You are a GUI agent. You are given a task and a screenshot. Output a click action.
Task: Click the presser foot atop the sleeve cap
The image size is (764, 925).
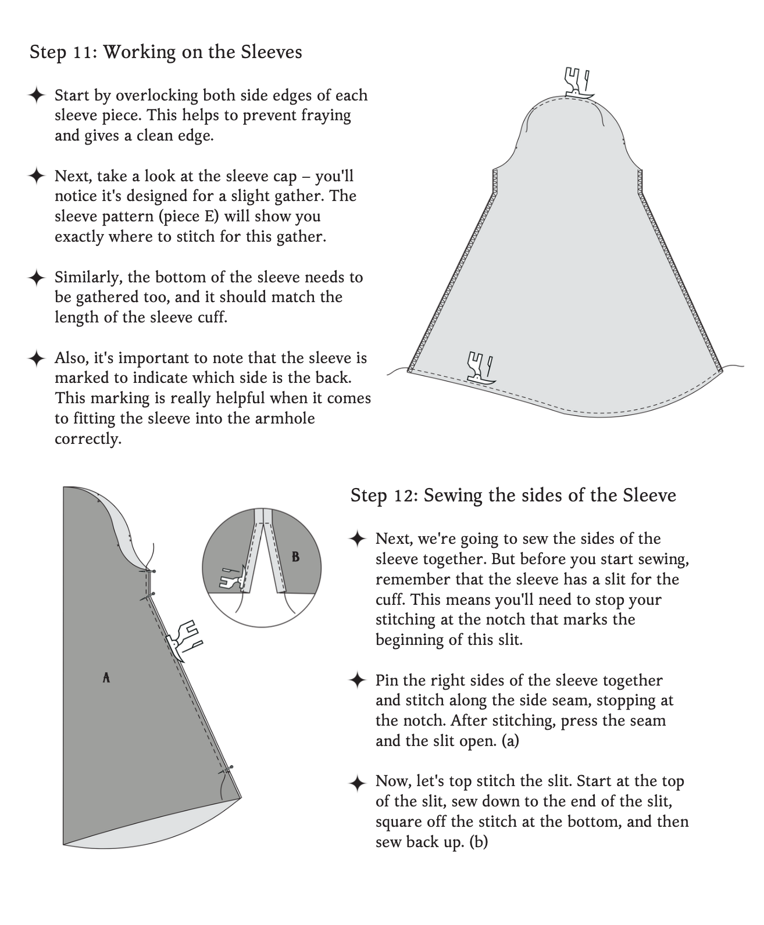[x=578, y=83]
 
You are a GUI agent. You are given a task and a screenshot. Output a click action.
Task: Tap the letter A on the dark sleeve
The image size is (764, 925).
[x=106, y=677]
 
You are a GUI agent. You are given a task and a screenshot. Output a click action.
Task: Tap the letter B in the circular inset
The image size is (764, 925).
[x=296, y=557]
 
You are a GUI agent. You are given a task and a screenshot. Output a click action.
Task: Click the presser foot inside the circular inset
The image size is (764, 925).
[x=233, y=578]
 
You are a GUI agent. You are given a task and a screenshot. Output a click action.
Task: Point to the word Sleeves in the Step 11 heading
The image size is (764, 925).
[x=272, y=52]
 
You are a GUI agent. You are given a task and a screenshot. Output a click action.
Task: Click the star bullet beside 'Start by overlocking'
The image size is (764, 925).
[x=37, y=95]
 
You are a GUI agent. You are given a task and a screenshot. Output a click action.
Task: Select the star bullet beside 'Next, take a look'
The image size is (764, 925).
[x=37, y=176]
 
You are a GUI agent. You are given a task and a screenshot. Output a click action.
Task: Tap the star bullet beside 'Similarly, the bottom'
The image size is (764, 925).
[x=37, y=277]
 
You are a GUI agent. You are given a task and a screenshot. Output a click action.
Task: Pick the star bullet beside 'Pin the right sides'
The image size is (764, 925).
[x=358, y=680]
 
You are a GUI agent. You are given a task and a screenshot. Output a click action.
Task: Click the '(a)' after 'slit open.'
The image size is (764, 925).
[x=510, y=741]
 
